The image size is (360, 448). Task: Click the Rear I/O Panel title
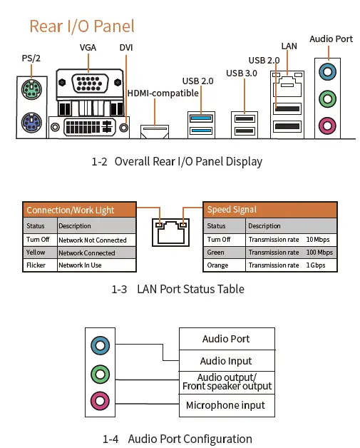(81, 26)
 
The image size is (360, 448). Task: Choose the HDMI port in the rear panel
(155, 131)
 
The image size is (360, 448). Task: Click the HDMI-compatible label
(163, 93)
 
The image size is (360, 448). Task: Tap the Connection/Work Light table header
(80, 210)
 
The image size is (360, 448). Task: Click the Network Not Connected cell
(96, 240)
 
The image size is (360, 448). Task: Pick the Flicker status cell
(40, 265)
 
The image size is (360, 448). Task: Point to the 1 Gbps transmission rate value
(318, 265)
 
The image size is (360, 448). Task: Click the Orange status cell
(225, 265)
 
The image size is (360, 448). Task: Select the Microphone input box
(225, 405)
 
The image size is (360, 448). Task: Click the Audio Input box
(225, 361)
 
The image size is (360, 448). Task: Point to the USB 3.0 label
(242, 73)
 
